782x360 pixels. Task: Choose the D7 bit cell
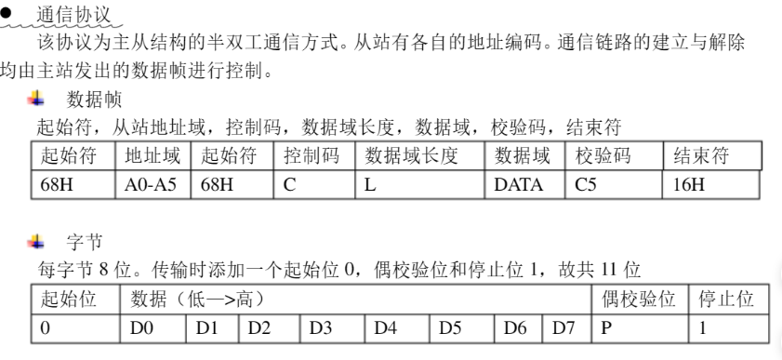point(568,327)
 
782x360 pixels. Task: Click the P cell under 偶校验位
point(639,327)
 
